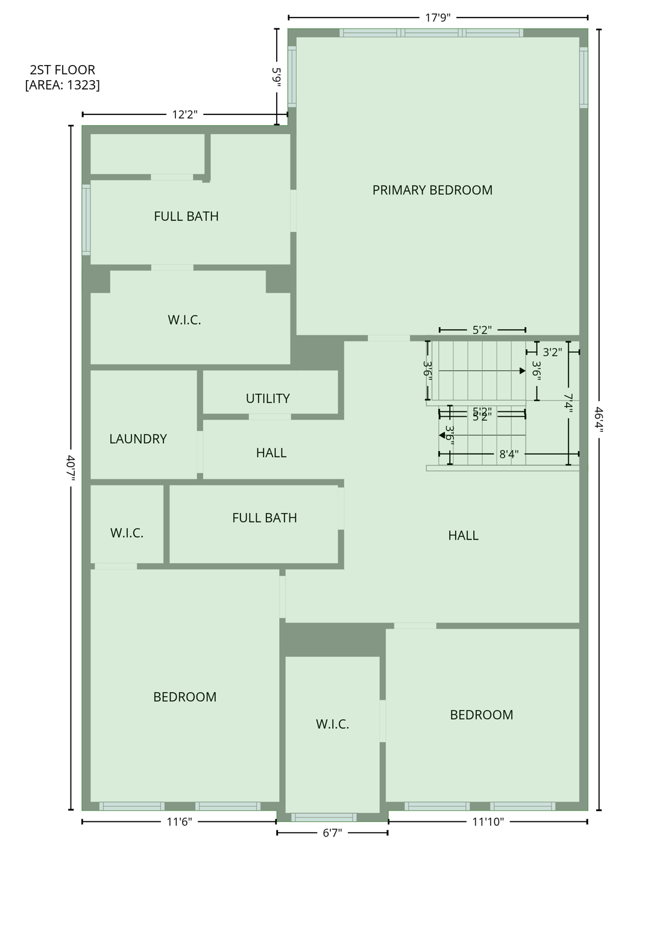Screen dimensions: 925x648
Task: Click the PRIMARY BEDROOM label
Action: pos(432,190)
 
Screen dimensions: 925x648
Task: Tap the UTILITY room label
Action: pos(268,399)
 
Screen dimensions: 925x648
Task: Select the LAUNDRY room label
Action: pos(138,439)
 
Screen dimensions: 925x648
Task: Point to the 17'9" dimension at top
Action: pos(438,17)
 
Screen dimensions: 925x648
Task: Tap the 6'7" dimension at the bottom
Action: pos(332,833)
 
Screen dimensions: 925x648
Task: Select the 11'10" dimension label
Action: pos(487,821)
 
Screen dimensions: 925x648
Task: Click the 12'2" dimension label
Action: pos(184,114)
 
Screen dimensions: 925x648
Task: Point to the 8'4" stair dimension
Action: pos(509,454)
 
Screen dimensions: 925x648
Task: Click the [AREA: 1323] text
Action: pos(62,85)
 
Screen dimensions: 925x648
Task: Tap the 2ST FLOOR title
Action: pos(62,70)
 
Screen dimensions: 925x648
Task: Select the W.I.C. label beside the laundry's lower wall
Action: pos(127,533)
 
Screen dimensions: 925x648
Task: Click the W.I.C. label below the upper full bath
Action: pos(184,320)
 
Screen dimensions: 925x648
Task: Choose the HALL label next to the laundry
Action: pos(271,453)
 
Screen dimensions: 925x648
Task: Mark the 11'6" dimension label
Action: pos(179,821)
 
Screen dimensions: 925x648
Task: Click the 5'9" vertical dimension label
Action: pos(277,78)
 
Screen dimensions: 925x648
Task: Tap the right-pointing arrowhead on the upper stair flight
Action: pos(522,371)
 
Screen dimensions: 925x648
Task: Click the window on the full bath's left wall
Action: pos(86,219)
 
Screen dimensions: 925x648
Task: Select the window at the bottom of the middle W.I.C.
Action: pos(324,817)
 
